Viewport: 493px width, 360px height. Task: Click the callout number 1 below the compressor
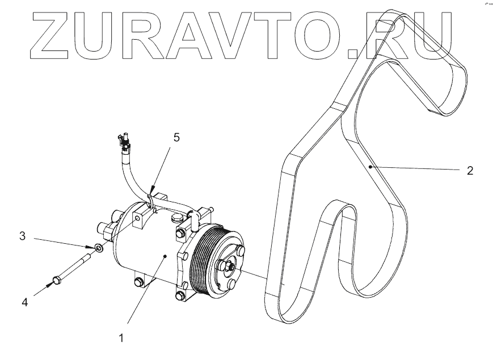click(x=120, y=338)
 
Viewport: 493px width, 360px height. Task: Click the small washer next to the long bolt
click(x=99, y=248)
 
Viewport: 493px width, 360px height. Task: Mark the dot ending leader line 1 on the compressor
click(x=165, y=257)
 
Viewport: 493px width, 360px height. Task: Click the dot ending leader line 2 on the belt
click(x=370, y=167)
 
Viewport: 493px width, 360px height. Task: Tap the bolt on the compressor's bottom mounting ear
click(x=138, y=282)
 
